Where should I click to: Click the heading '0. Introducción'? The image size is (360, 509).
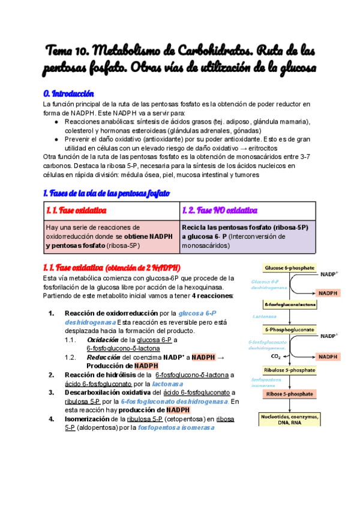click(70, 94)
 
